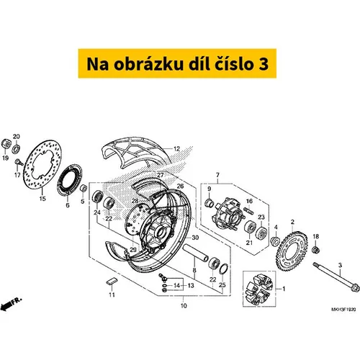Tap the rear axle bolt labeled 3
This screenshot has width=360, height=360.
click(336, 277)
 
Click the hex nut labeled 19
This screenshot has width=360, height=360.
click(6, 145)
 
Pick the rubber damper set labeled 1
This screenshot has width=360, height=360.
click(258, 289)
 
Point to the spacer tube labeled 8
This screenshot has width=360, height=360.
click(196, 253)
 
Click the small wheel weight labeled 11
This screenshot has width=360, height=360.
click(112, 282)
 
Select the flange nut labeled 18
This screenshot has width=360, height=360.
click(315, 250)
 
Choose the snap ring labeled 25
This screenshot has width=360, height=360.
click(224, 269)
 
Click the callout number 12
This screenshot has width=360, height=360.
click(176, 149)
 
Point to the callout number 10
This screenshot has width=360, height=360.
click(184, 306)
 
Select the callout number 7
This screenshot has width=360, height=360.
click(217, 175)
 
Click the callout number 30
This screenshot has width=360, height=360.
click(195, 238)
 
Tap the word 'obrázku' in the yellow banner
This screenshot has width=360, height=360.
click(148, 64)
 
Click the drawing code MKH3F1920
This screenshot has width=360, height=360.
click(343, 310)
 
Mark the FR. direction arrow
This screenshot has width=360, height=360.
click(11, 304)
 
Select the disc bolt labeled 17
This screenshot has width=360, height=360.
click(19, 162)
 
